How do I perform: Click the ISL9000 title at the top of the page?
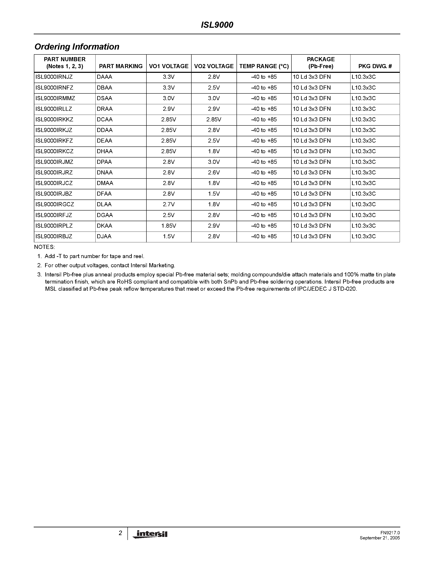click(217, 25)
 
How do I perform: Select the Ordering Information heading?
click(77, 47)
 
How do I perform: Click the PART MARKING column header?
click(120, 66)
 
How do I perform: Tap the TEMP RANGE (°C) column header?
click(264, 66)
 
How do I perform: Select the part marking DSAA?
click(104, 98)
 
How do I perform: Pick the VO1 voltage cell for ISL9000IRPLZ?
click(169, 226)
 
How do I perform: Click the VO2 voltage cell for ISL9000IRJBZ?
click(214, 194)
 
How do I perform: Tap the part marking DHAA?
click(105, 152)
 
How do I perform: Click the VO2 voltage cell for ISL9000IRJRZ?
click(214, 173)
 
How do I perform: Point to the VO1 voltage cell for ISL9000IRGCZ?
click(169, 204)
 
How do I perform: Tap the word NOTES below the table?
click(44, 247)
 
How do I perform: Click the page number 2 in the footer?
click(120, 533)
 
